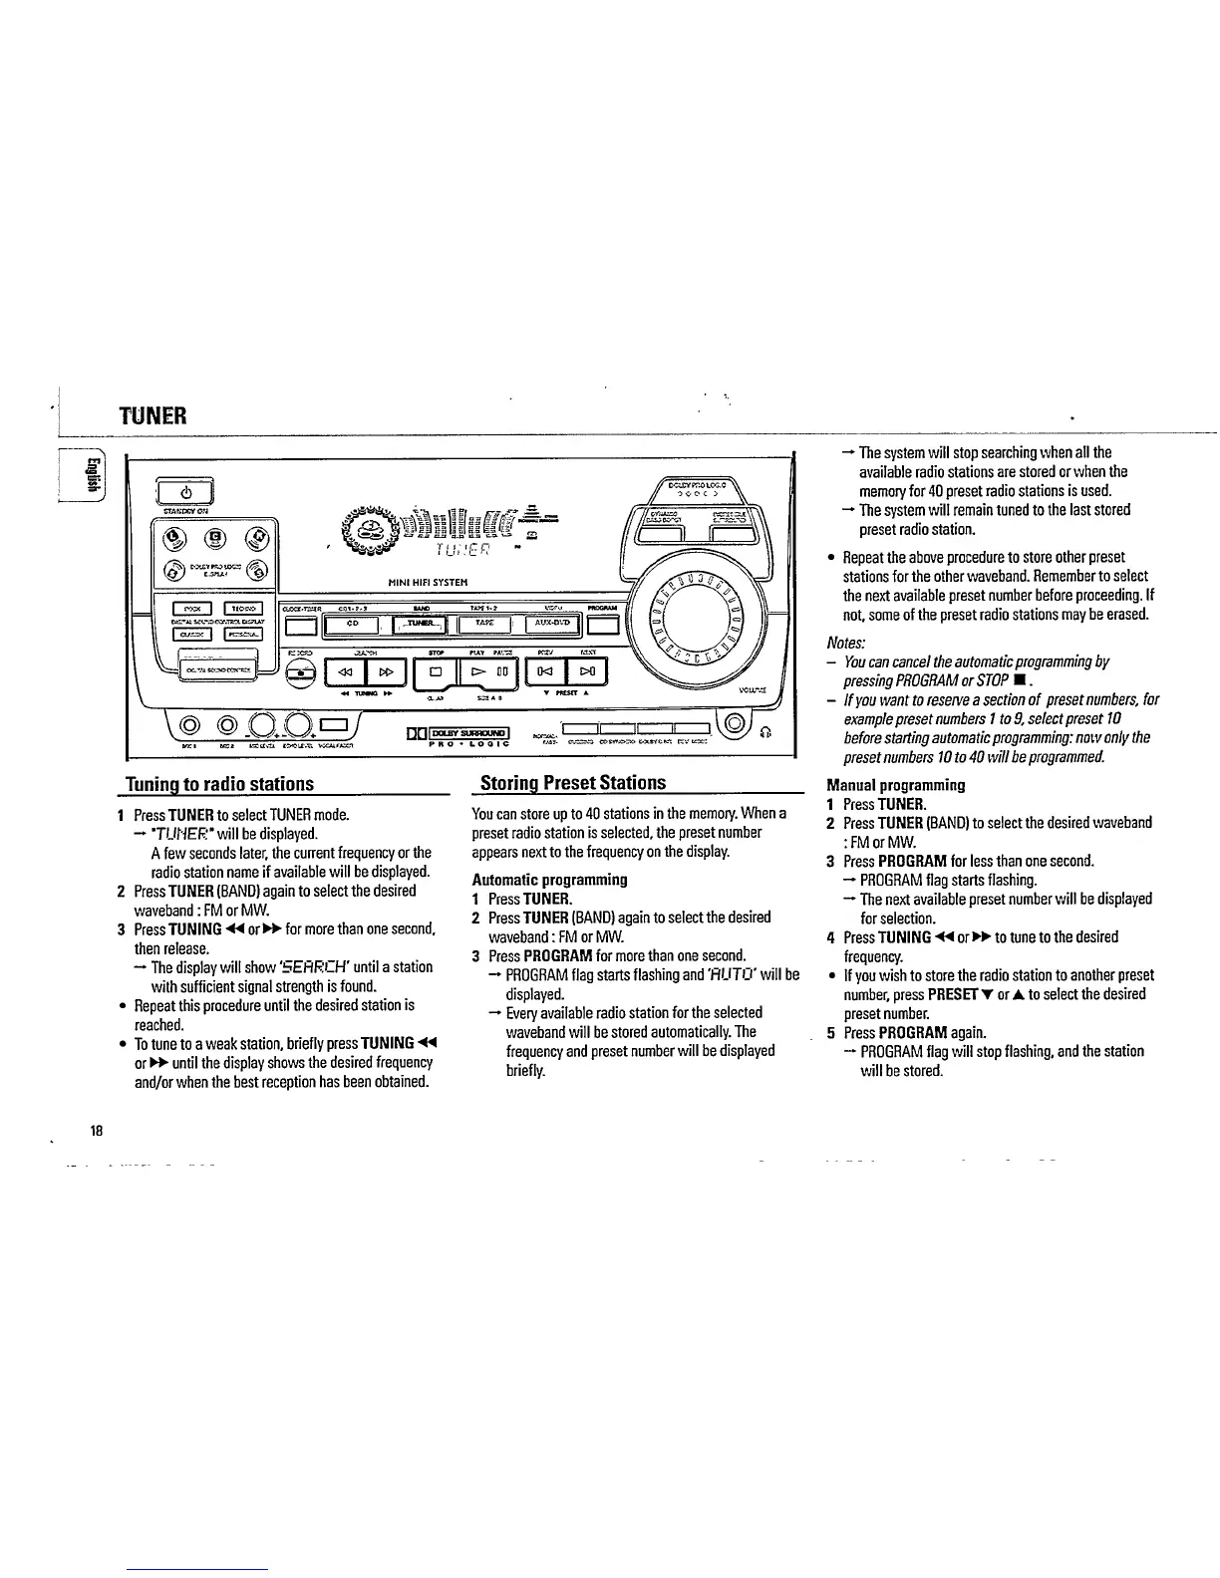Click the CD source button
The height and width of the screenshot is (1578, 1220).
click(x=352, y=625)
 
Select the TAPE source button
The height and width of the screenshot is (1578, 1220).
click(x=484, y=625)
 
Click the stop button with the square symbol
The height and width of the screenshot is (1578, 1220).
click(x=436, y=672)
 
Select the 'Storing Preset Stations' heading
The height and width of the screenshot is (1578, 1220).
click(x=572, y=783)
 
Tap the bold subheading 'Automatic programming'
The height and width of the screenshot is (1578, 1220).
click(x=549, y=880)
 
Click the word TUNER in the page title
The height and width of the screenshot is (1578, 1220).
click(x=153, y=412)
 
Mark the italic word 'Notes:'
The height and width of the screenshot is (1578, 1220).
click(x=845, y=642)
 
